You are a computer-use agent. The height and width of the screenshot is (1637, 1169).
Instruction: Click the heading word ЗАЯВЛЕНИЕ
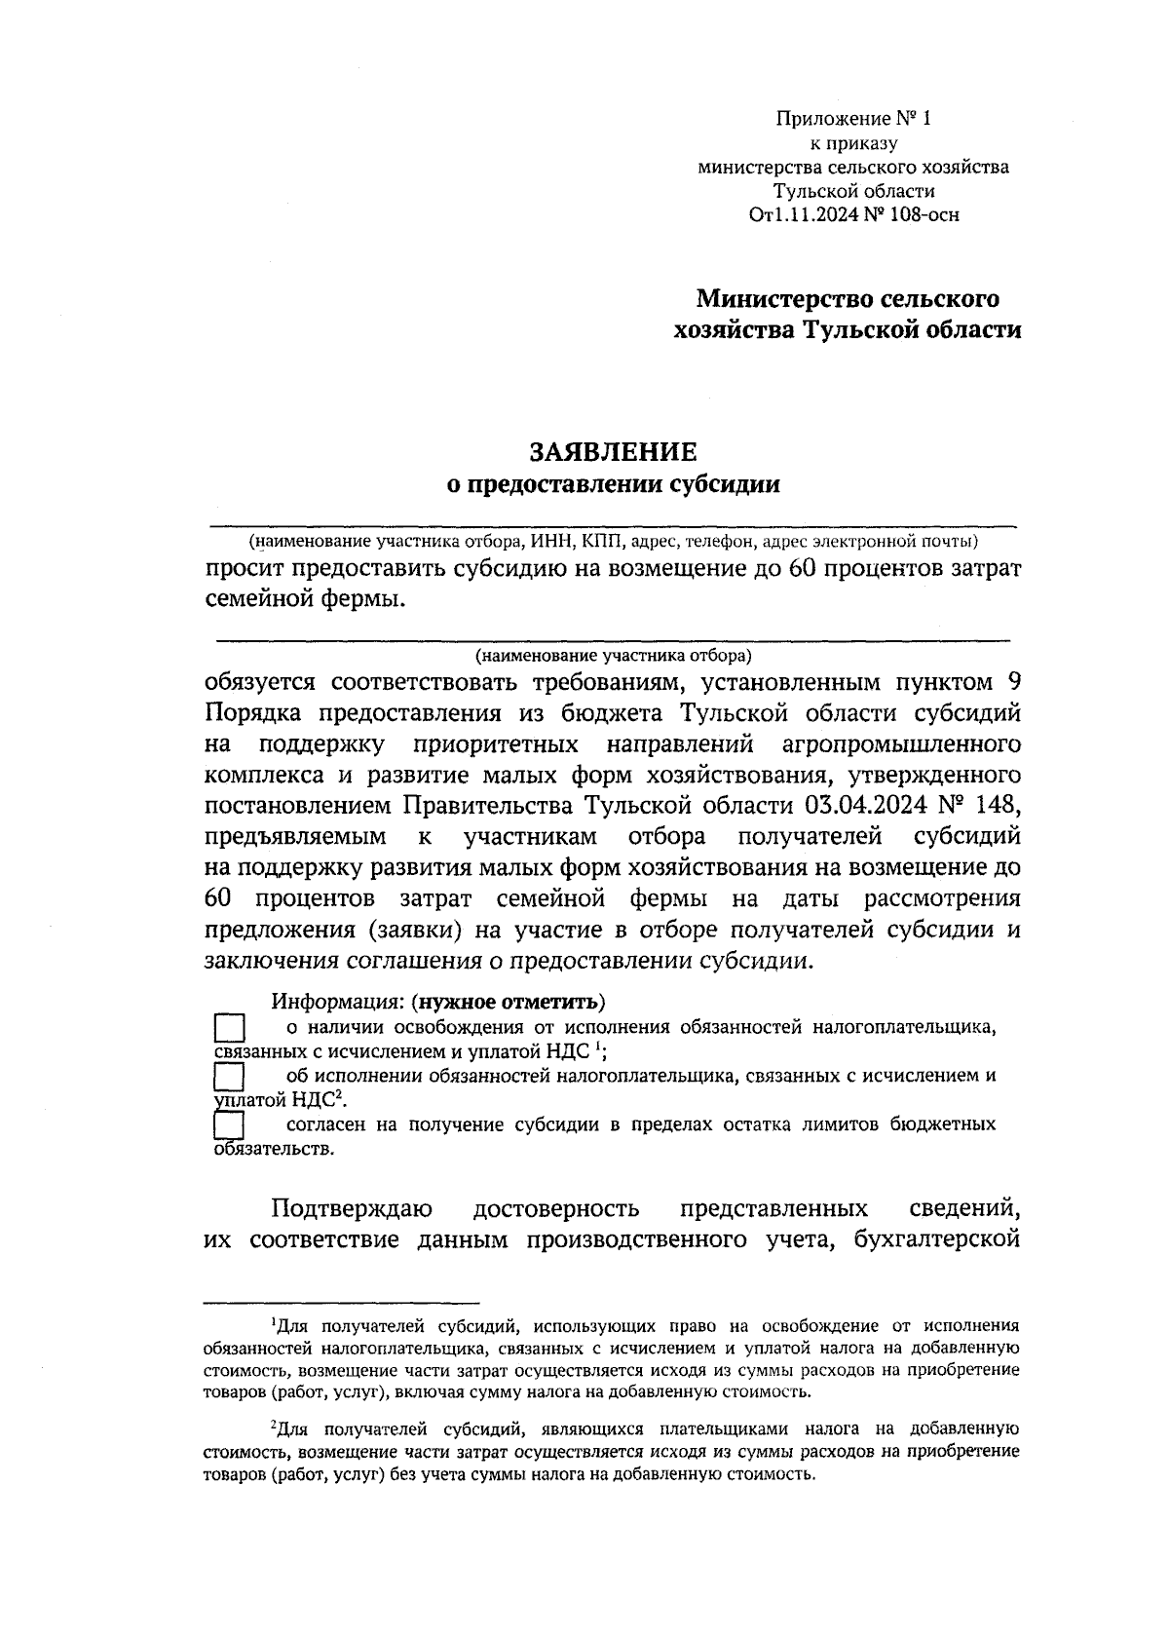(x=613, y=451)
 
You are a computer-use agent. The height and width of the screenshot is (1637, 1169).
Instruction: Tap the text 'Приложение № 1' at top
(x=853, y=120)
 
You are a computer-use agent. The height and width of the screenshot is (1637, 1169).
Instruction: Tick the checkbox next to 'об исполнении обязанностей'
(x=228, y=1078)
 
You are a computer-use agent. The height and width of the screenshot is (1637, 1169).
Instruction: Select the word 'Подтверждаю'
(x=352, y=1209)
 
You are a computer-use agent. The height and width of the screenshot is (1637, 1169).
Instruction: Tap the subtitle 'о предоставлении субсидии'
(x=613, y=483)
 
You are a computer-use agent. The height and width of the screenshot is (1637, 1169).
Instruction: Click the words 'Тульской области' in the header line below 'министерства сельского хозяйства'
(x=853, y=191)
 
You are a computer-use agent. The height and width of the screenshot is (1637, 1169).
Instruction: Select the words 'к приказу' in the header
(x=853, y=144)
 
